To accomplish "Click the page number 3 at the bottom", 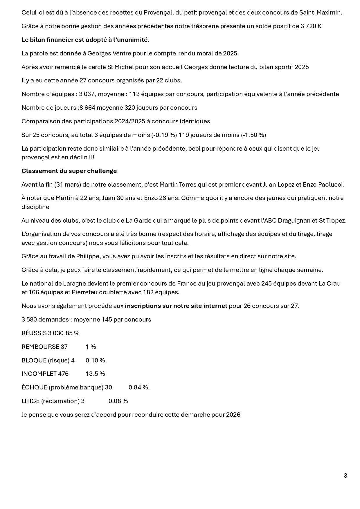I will click(345, 476).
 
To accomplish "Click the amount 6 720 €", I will click(311, 26).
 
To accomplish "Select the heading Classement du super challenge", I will click(69, 171).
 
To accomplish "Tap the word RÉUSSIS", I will click(34, 333).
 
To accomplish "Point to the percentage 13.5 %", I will click(95, 374).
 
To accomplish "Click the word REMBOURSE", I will click(40, 347).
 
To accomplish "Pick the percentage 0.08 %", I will click(118, 401).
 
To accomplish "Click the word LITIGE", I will click(30, 401).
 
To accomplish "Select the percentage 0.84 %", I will click(139, 387).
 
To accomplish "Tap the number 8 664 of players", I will click(87, 108).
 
